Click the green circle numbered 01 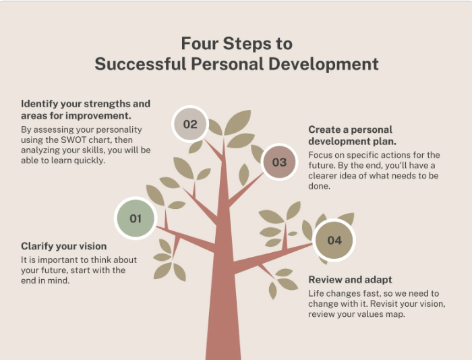tap(136, 218)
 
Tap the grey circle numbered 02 tap(190, 124)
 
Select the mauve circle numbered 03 tap(279, 162)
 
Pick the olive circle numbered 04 tap(334, 240)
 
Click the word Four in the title tap(200, 43)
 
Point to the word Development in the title tap(323, 65)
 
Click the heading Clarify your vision tap(64, 246)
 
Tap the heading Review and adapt tap(351, 280)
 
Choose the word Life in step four tap(316, 293)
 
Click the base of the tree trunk tap(223, 357)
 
